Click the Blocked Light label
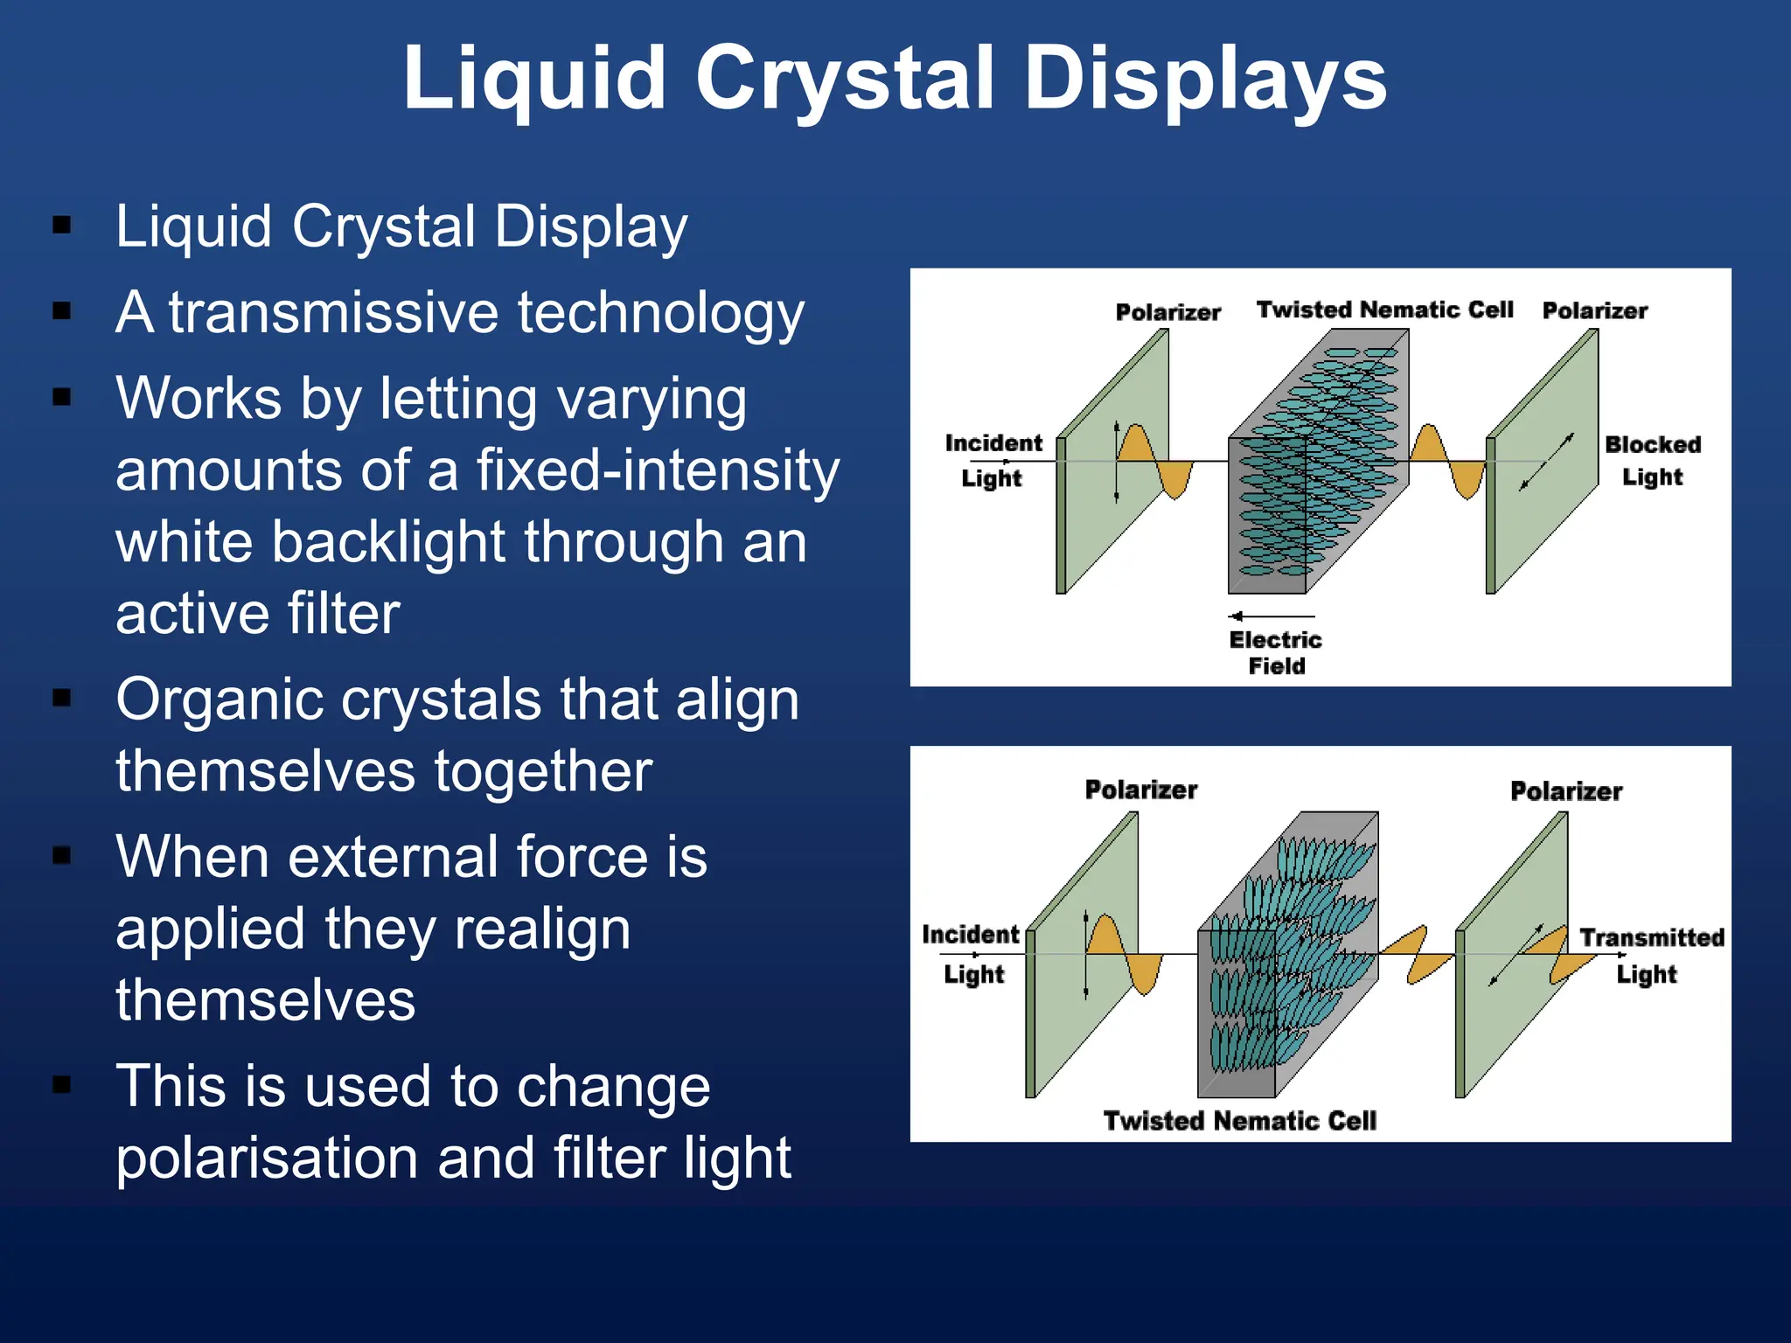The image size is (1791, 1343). coord(1652,460)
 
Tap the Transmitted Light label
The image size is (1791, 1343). coord(1650,955)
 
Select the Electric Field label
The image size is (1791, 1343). coord(1276,652)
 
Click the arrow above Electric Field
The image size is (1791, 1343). coord(1271,616)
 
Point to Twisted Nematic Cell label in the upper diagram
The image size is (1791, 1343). coord(1384,310)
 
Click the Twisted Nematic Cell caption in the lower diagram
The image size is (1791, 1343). coord(1239,1120)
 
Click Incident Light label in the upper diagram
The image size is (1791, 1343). coord(993,460)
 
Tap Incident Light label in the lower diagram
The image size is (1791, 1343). coord(971,953)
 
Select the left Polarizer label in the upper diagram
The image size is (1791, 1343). coord(1167,312)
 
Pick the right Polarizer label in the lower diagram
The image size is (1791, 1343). coord(1565,791)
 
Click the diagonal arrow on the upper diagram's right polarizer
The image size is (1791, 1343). coord(1546,462)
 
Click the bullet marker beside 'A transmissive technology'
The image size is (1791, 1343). coord(62,311)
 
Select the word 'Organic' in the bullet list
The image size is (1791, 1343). coord(220,699)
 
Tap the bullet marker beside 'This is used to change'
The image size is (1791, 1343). coord(62,1085)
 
